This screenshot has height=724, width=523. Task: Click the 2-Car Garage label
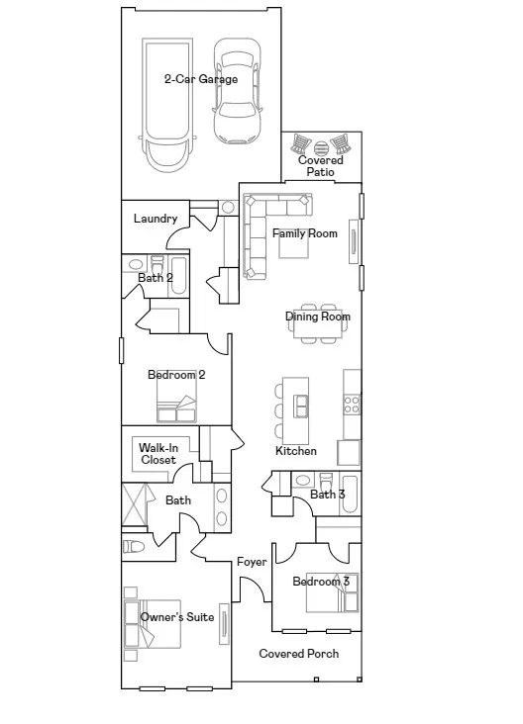pyautogui.click(x=201, y=79)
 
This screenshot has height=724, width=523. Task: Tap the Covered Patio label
pyautogui.click(x=321, y=166)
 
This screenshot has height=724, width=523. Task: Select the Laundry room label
pyautogui.click(x=156, y=219)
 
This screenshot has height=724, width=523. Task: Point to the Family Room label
pyautogui.click(x=305, y=233)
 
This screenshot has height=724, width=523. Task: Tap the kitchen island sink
pyautogui.click(x=301, y=406)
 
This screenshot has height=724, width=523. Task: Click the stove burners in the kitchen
pyautogui.click(x=352, y=405)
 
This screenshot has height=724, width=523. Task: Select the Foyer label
pyautogui.click(x=252, y=562)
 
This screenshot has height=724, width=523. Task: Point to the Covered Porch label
pyautogui.click(x=299, y=654)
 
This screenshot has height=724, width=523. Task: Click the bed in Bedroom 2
pyautogui.click(x=176, y=403)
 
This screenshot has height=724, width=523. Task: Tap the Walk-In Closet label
pyautogui.click(x=158, y=454)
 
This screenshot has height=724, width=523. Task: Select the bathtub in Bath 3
pyautogui.click(x=350, y=495)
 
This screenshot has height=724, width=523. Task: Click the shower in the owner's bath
pyautogui.click(x=134, y=504)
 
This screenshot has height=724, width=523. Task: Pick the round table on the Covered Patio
pyautogui.click(x=321, y=148)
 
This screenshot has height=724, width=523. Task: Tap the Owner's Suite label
pyautogui.click(x=177, y=617)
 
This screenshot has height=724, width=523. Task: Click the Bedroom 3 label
pyautogui.click(x=321, y=582)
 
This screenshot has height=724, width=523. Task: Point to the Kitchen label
pyautogui.click(x=296, y=451)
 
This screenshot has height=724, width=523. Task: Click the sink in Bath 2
pyautogui.click(x=135, y=264)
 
